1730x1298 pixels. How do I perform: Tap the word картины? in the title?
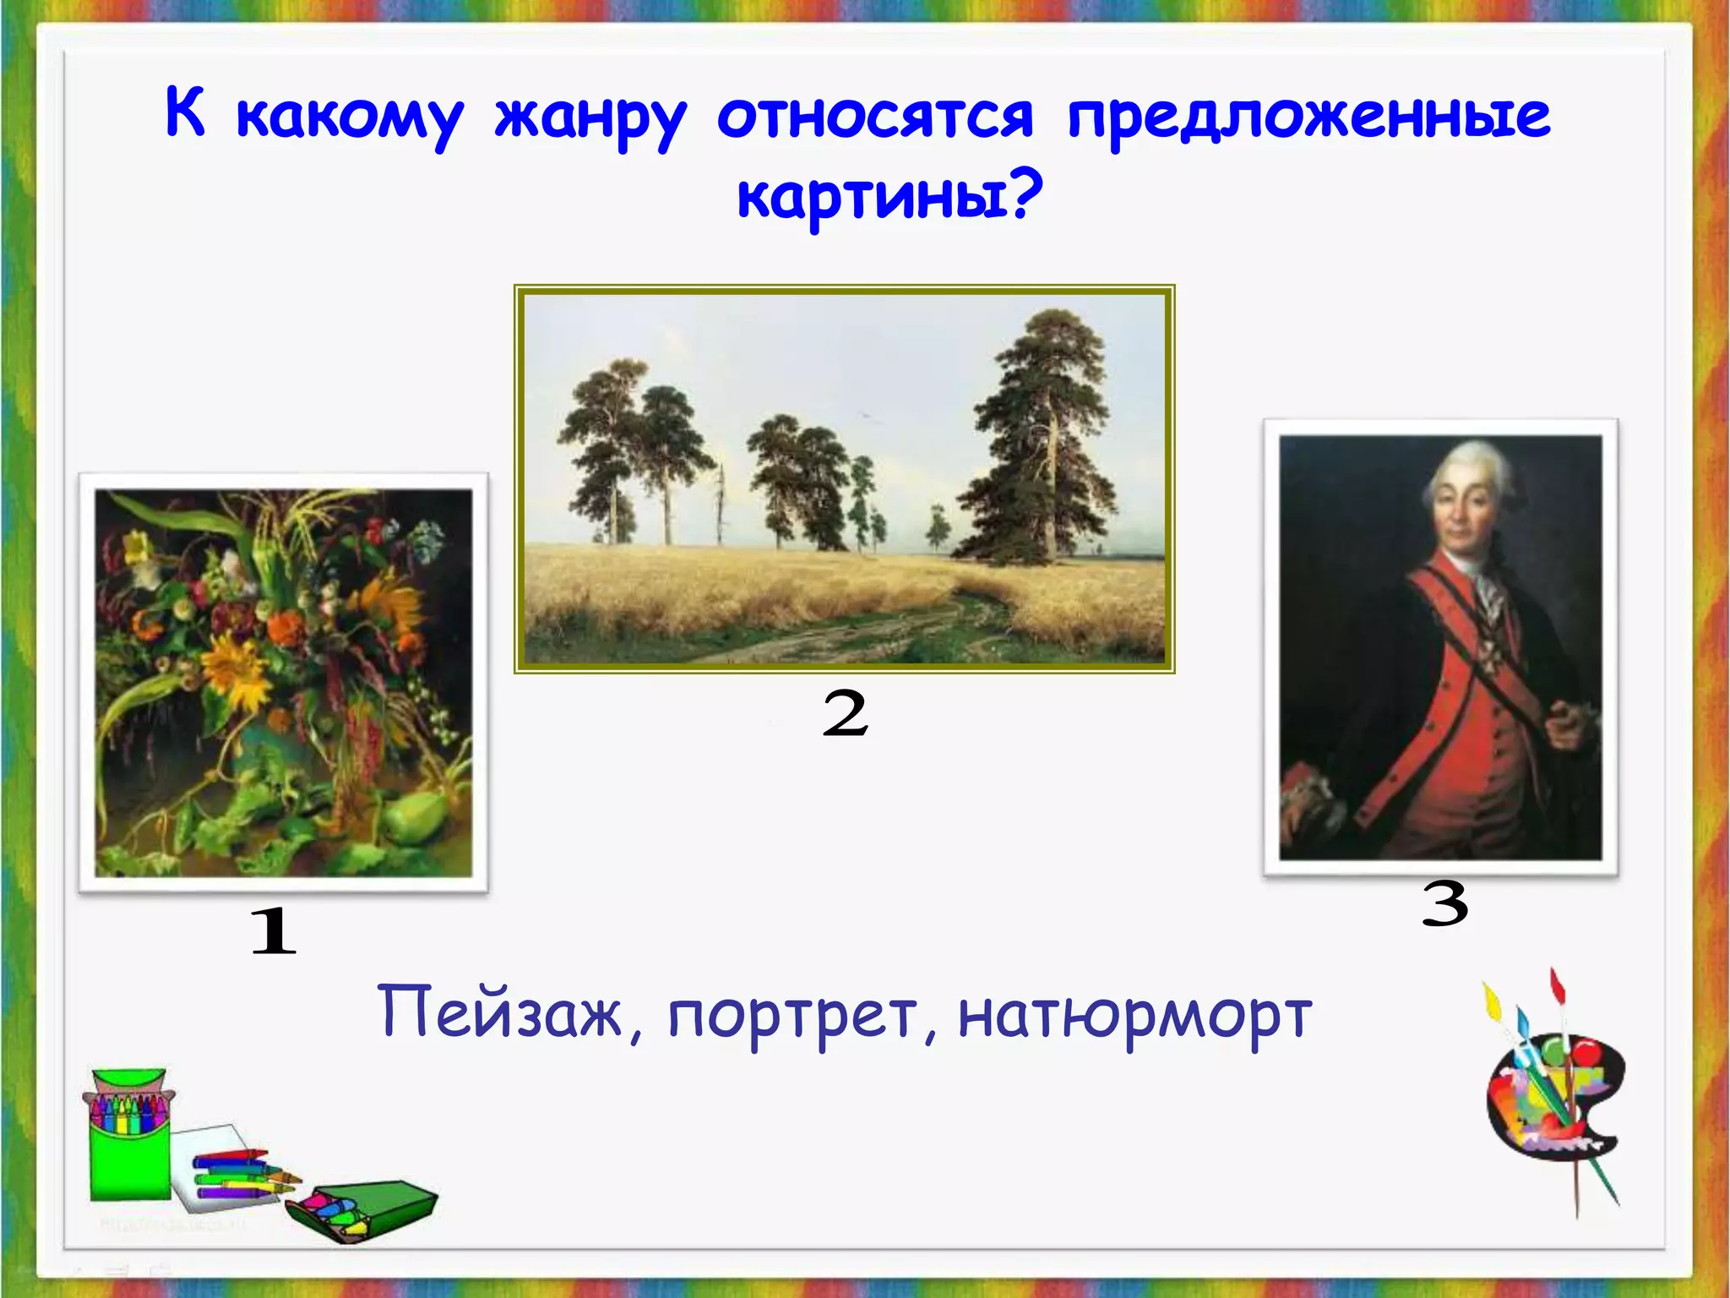click(x=889, y=196)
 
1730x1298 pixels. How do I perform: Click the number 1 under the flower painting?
click(x=274, y=931)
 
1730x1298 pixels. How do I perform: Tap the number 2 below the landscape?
click(x=845, y=713)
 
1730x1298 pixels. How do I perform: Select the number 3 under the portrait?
click(x=1444, y=903)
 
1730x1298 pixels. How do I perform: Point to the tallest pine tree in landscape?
click(x=1047, y=439)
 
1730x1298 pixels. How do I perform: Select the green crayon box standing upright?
click(x=130, y=1137)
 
